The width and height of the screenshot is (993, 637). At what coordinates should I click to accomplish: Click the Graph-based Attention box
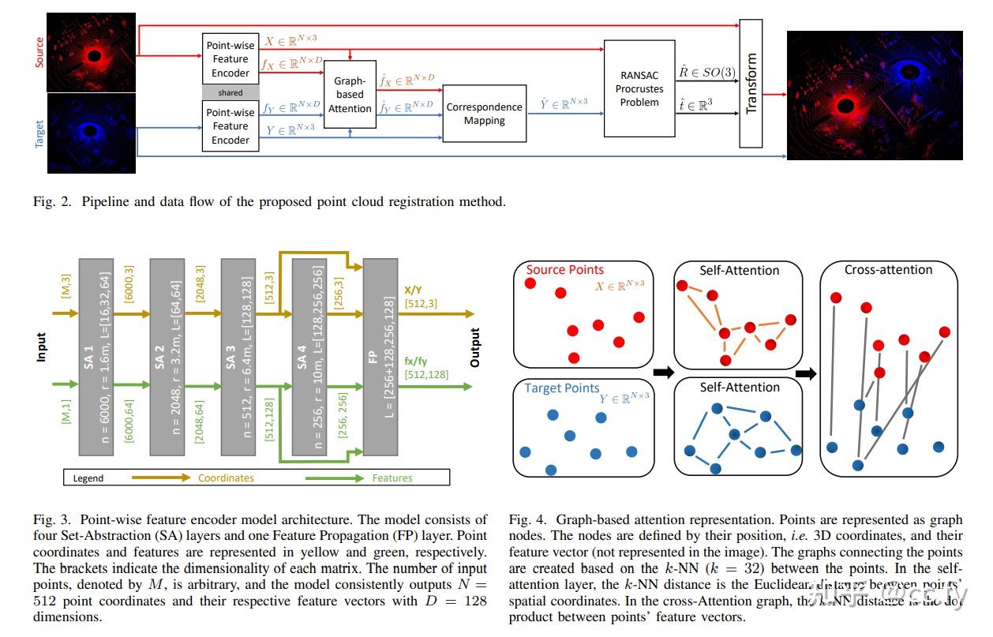(350, 94)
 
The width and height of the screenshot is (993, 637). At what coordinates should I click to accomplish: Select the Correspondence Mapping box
(484, 114)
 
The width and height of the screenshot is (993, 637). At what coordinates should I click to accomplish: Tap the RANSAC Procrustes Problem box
(639, 88)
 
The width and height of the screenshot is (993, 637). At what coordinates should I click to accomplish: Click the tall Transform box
(751, 83)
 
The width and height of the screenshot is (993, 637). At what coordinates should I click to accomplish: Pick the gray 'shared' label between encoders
(230, 92)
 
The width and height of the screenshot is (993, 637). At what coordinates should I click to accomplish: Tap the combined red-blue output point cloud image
(874, 95)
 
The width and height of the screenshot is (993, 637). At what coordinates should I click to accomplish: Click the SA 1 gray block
(96, 357)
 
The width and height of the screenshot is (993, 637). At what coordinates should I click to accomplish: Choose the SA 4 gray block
(309, 357)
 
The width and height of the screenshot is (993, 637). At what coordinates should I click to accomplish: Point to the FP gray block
(380, 357)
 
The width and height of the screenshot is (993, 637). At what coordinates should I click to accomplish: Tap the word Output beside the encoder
(475, 347)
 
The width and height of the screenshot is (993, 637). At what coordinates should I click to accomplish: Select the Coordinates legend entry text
(226, 478)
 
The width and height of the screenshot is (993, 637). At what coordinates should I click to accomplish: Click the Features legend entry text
(392, 478)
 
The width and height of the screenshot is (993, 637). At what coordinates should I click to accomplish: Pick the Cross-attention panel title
(888, 270)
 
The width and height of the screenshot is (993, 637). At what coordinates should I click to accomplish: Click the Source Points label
(564, 270)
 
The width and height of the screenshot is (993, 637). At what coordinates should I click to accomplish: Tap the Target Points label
(562, 388)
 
